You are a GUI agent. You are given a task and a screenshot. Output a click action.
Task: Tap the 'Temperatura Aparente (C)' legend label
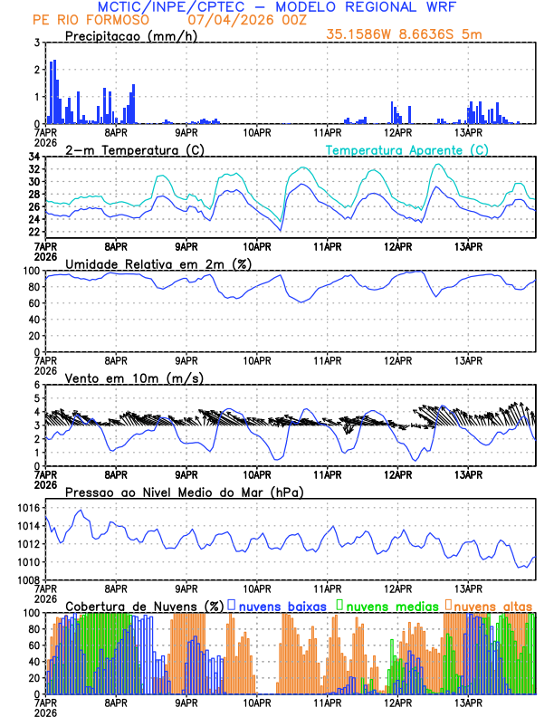pyautogui.click(x=407, y=149)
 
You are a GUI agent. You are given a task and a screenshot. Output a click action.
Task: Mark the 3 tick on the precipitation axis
pyautogui.click(x=36, y=43)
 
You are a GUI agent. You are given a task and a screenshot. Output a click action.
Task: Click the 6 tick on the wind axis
pyautogui.click(x=36, y=385)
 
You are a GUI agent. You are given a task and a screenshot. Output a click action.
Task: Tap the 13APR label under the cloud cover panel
pyautogui.click(x=467, y=703)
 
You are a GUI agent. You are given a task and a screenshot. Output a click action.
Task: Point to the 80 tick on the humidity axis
pyautogui.click(x=33, y=287)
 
